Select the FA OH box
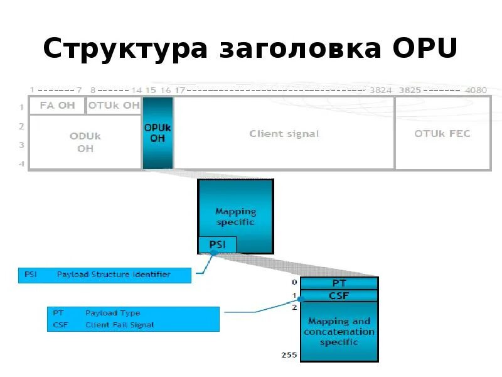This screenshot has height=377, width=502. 57,106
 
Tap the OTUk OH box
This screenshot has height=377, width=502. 114,106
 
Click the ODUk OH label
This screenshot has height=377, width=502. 85,143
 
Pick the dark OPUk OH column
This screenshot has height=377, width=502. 158,133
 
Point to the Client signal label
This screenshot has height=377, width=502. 284,134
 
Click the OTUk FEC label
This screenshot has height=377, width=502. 442,134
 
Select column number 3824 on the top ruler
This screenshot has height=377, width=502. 380,90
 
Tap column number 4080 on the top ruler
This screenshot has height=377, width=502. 476,90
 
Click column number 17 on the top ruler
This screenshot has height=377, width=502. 179,90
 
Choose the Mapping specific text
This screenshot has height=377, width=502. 235,217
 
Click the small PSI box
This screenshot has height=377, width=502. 217,244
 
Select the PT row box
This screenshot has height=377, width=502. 339,283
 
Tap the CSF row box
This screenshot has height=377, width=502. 339,295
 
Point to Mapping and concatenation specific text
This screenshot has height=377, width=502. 339,331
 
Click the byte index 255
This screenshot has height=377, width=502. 289,356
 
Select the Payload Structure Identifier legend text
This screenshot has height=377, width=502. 114,275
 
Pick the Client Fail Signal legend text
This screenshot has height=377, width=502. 120,325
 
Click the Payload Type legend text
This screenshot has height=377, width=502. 113,313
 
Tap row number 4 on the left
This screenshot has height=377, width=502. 21,164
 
